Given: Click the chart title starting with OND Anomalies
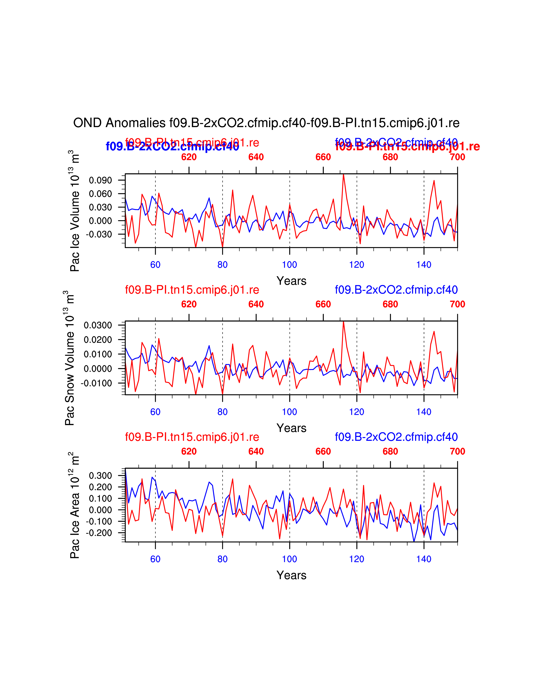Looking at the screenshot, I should point(266,123).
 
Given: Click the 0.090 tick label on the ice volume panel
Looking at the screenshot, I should point(100,180).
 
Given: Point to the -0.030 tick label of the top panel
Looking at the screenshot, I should point(99,234).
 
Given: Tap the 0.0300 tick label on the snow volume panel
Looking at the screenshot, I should point(98,325).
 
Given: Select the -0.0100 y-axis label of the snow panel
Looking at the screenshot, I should point(96,383).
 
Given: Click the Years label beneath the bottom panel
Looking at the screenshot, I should point(291,575).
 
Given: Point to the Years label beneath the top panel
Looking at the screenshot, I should point(291,281).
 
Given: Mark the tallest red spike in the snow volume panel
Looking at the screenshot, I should point(343,322).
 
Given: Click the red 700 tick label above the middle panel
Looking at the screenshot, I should point(457,304).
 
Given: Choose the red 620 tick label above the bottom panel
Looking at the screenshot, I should point(189,451).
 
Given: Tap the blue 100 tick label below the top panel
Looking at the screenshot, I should point(289,265).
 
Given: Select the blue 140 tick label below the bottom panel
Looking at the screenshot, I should point(424,559).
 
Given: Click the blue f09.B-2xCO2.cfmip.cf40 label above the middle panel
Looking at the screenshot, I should point(396,290).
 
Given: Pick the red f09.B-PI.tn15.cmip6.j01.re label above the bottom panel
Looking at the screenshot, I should point(192,437).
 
